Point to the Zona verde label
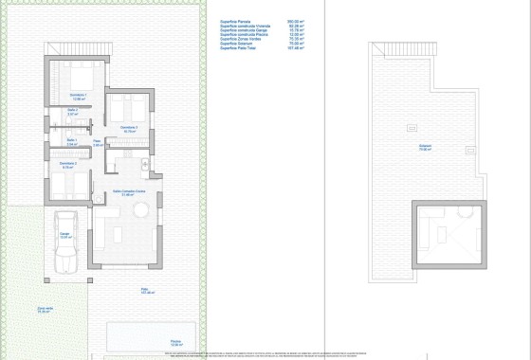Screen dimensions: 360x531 click(x=45, y=308)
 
